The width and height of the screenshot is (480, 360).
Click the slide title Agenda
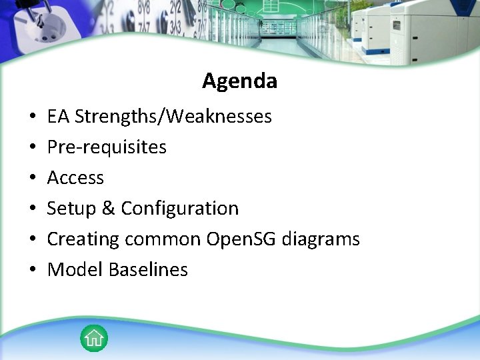pos(239,81)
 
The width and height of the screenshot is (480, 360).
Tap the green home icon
pos(94,338)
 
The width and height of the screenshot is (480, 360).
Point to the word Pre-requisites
pos(107,147)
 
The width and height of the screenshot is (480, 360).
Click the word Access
pos(75,178)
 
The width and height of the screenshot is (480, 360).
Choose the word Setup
pos(71,209)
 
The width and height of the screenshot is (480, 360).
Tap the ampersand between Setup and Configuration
pos(109,209)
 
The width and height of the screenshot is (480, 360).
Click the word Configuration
pos(179,209)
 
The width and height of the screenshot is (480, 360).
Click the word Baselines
pos(148,269)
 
